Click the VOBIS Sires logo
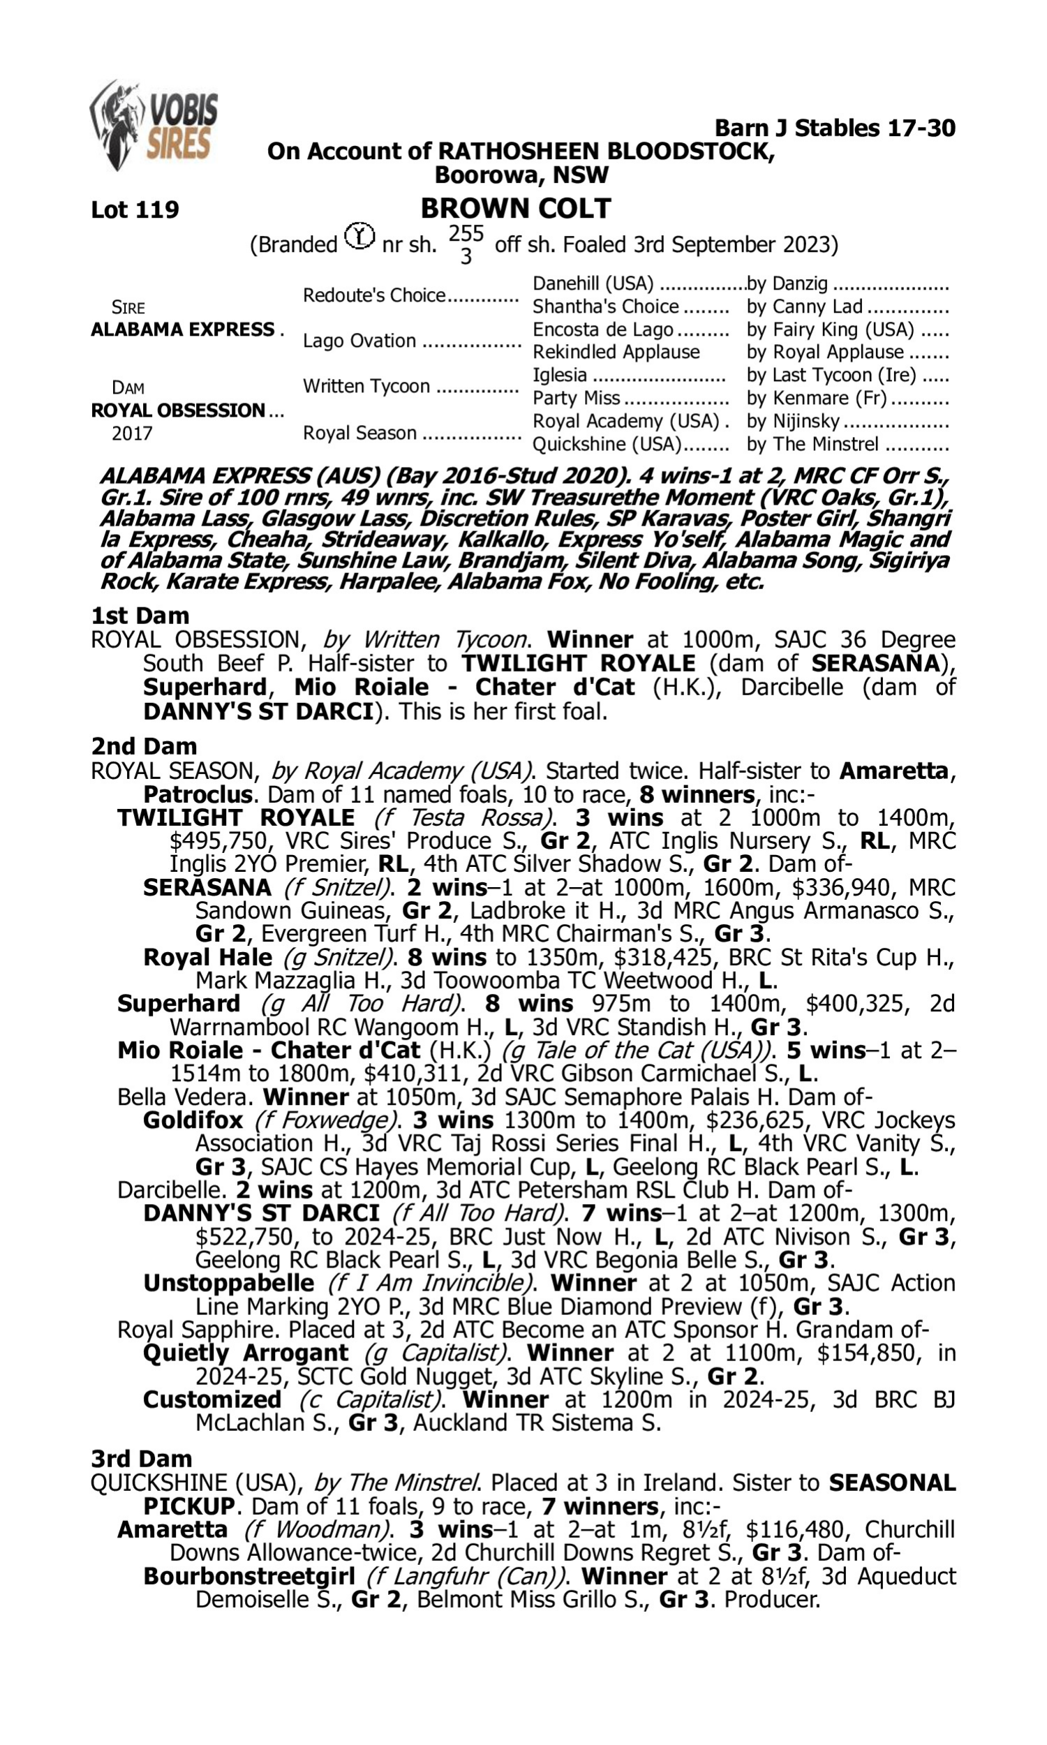(153, 124)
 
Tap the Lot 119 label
(135, 209)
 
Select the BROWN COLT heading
(515, 209)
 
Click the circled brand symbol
(359, 236)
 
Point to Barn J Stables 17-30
(835, 128)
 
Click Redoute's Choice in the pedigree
(374, 295)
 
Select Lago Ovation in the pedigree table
(359, 341)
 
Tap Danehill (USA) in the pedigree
(593, 283)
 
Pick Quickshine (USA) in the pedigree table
(607, 445)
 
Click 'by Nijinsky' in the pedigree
(793, 421)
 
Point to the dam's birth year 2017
(132, 433)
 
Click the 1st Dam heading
(140, 616)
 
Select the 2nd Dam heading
(143, 746)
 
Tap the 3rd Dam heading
(142, 1459)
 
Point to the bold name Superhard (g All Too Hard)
(179, 1004)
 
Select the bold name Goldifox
(193, 1120)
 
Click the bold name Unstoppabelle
(228, 1283)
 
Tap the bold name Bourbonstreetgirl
(248, 1575)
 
